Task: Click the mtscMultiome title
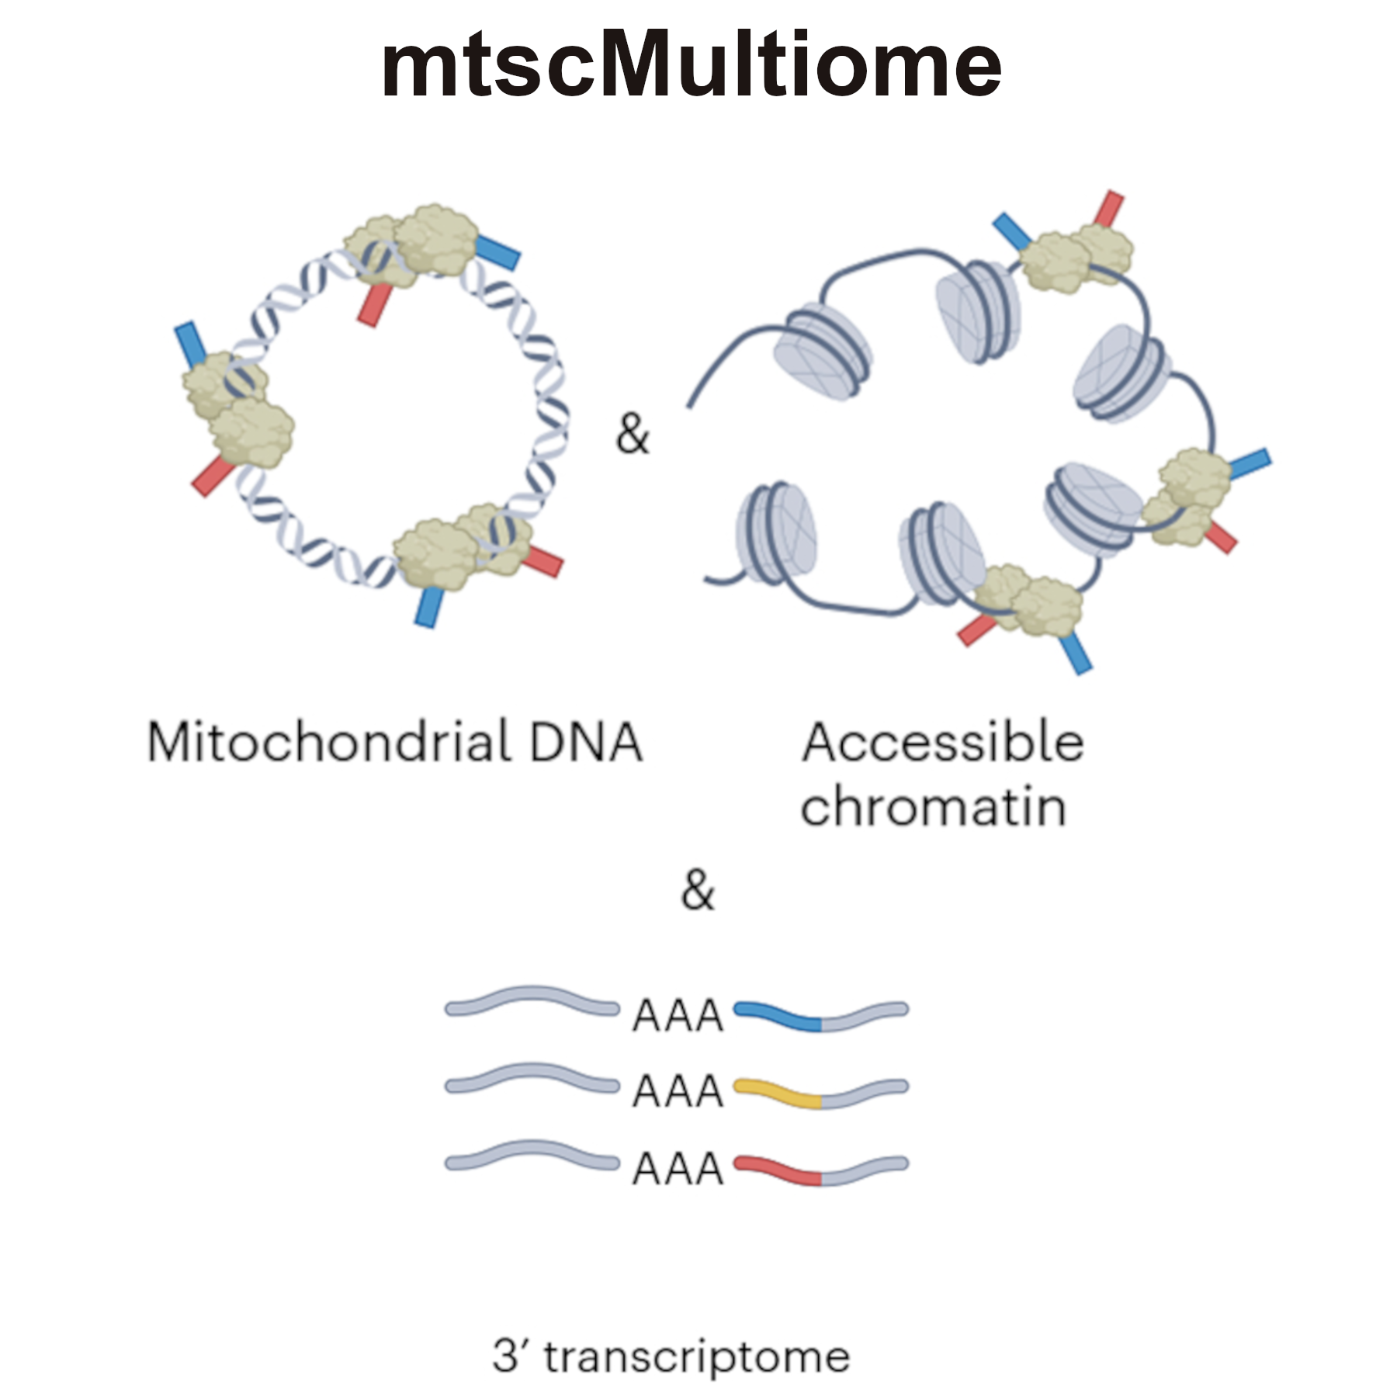tap(691, 65)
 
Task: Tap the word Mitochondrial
tap(329, 743)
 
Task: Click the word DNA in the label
tap(585, 743)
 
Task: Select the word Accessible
tap(942, 743)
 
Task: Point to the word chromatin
tap(933, 808)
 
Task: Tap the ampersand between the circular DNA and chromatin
tap(632, 434)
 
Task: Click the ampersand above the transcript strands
tap(697, 890)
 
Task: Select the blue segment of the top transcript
tap(778, 1016)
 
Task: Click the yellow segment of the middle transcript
tap(778, 1093)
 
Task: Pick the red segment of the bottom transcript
tap(778, 1170)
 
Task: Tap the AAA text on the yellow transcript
tap(678, 1092)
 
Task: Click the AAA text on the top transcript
tap(678, 1016)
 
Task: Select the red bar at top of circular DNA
tap(375, 304)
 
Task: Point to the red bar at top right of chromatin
tap(1109, 209)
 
